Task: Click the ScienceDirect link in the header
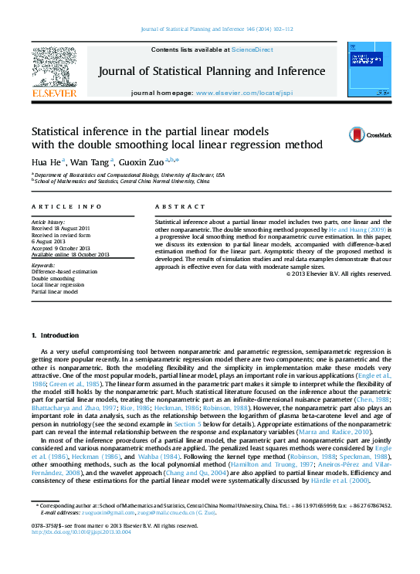(x=253, y=49)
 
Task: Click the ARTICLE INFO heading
(x=66, y=207)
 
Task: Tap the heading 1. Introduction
(x=55, y=336)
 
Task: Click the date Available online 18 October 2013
(x=70, y=254)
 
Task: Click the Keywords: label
(x=43, y=265)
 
